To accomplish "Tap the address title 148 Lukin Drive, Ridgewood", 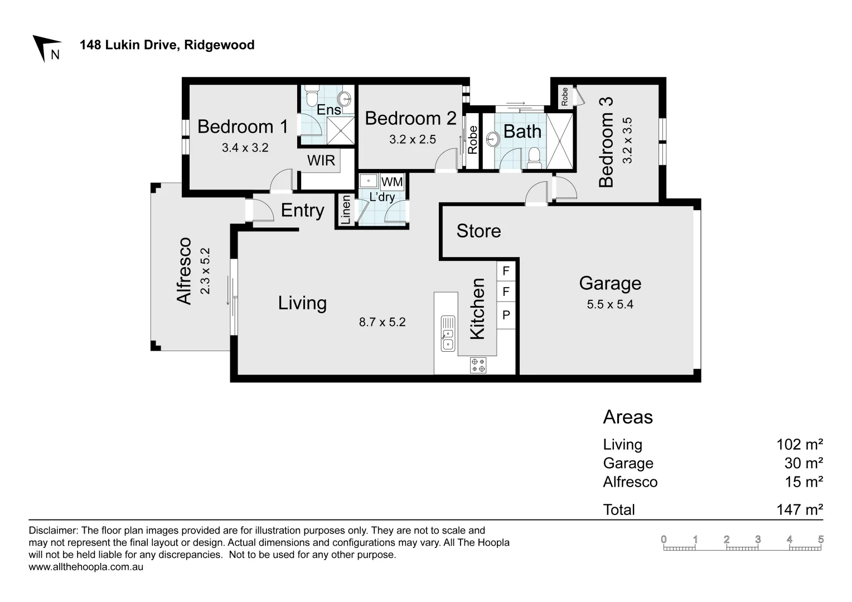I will click(x=167, y=45).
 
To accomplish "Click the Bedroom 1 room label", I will click(x=243, y=127).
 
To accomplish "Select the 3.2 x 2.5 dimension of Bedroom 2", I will click(x=413, y=139).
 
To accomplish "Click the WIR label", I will click(x=321, y=161).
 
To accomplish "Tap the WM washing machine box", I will click(x=392, y=182).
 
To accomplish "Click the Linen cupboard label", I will click(x=346, y=210).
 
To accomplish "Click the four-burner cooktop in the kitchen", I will click(x=478, y=365).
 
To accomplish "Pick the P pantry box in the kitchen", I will click(x=506, y=315).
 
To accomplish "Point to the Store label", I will click(x=478, y=231).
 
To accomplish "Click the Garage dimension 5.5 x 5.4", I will click(x=610, y=304).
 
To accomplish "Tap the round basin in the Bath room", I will click(x=493, y=139).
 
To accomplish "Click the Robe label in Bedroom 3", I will click(x=565, y=97).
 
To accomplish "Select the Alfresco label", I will click(x=185, y=271).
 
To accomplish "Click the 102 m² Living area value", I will click(x=800, y=445).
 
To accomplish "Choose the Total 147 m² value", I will click(x=800, y=509).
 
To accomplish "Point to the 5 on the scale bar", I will click(x=821, y=540).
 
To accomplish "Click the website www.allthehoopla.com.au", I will click(x=86, y=567).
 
